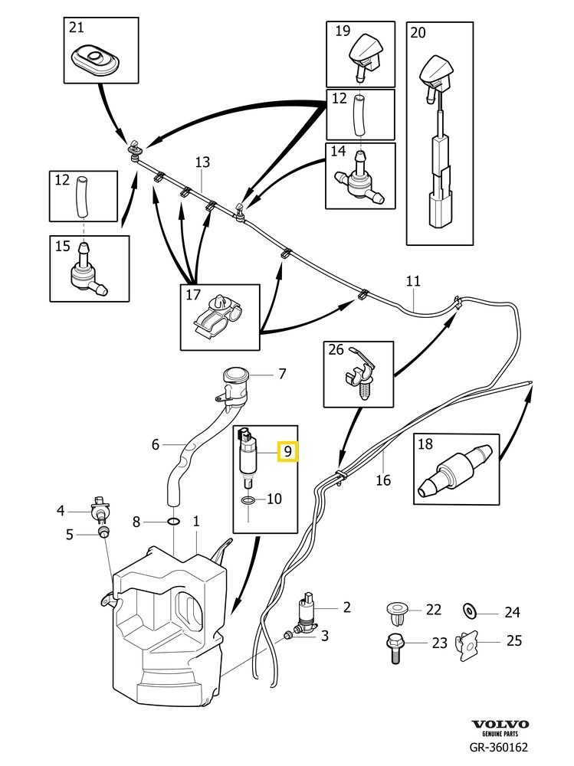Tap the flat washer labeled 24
tap(469, 611)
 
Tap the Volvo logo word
tap(499, 724)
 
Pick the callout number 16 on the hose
tap(383, 480)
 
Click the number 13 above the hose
tap(202, 162)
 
